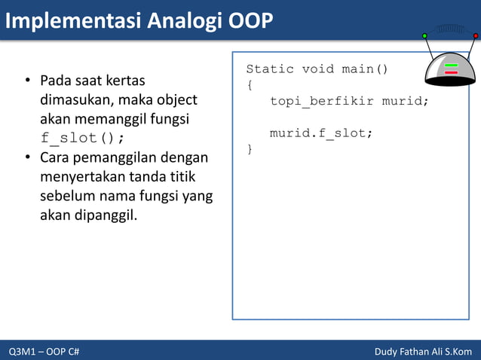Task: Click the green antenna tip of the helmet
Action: point(424,35)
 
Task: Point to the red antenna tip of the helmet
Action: point(476,35)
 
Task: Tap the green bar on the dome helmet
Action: point(452,66)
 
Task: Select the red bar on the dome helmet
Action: point(452,73)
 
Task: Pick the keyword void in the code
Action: point(318,69)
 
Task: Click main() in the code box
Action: point(365,69)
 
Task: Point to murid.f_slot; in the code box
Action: point(321,133)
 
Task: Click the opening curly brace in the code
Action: point(250,85)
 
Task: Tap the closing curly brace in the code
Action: point(250,150)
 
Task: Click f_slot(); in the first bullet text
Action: point(82,139)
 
